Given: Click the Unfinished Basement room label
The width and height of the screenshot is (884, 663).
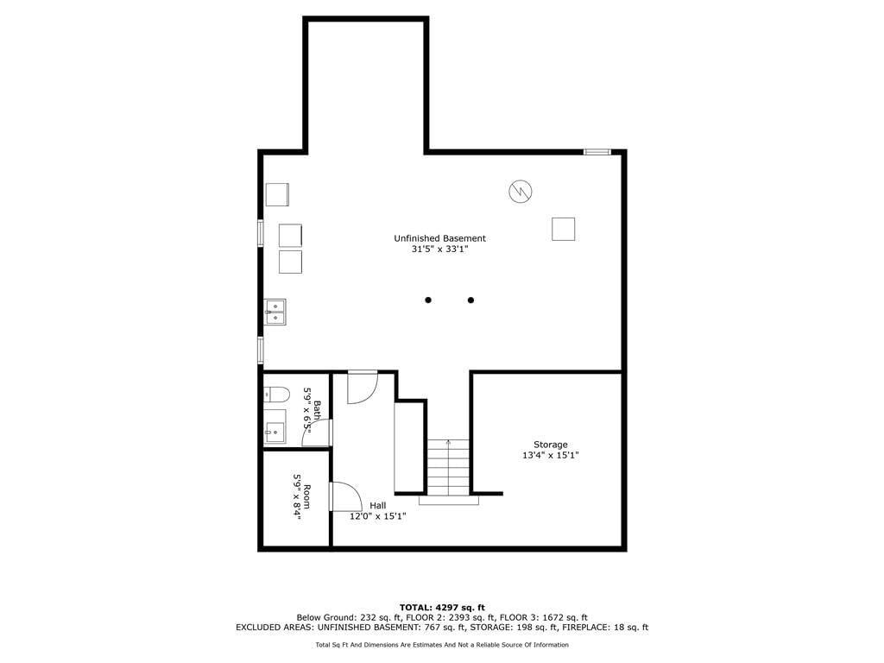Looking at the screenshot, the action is pyautogui.click(x=439, y=238).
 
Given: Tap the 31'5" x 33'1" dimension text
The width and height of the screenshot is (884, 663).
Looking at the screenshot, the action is pyautogui.click(x=439, y=249).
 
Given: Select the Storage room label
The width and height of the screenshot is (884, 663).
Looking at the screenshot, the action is pyautogui.click(x=551, y=445).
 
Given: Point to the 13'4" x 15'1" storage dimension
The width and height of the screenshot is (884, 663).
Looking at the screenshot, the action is pyautogui.click(x=551, y=456).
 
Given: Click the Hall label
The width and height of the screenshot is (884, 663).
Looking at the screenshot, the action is pyautogui.click(x=378, y=506).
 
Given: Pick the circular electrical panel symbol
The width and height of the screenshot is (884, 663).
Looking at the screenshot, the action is pyautogui.click(x=521, y=191).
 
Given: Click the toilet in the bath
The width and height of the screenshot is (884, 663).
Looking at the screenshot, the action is pyautogui.click(x=276, y=394).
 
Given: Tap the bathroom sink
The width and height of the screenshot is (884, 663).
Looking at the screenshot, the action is pyautogui.click(x=275, y=426).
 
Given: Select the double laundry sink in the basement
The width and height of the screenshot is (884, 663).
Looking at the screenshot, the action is pyautogui.click(x=275, y=313).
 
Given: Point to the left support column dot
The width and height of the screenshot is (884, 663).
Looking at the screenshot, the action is pyautogui.click(x=428, y=300).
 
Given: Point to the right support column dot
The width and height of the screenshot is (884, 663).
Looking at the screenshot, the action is pyautogui.click(x=470, y=300).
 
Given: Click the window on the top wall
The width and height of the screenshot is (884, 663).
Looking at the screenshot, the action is pyautogui.click(x=597, y=152).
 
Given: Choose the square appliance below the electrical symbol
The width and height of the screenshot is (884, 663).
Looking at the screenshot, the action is pyautogui.click(x=563, y=229).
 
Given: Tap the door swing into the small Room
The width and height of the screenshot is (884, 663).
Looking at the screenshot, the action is pyautogui.click(x=346, y=496).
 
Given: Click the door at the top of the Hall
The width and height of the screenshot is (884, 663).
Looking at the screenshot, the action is pyautogui.click(x=362, y=387).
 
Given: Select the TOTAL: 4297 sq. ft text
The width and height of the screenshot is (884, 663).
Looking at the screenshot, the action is pyautogui.click(x=442, y=608).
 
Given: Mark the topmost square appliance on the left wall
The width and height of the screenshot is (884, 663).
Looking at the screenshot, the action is pyautogui.click(x=277, y=194).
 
